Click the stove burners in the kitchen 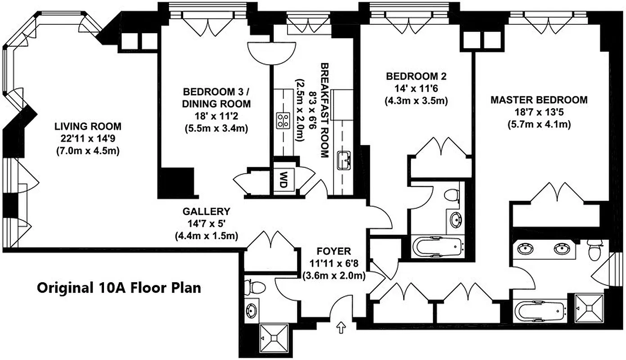coord(283,120)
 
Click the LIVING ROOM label coord(88,126)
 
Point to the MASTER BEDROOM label coord(539,100)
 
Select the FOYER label coord(333,251)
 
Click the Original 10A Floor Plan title coord(119,287)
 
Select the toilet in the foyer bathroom coord(249,287)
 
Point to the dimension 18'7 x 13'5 coord(539,112)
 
